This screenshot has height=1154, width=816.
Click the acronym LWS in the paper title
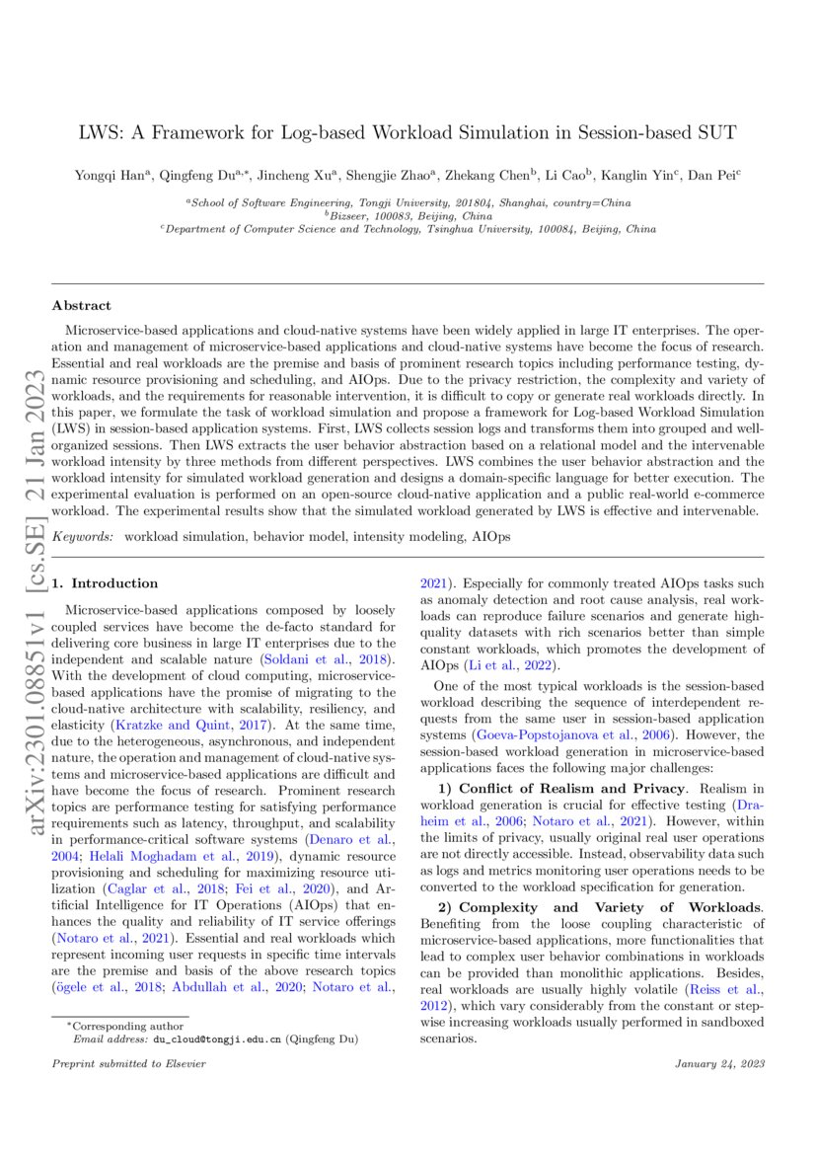pyautogui.click(x=100, y=133)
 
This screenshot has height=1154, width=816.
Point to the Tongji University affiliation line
pyautogui.click(x=408, y=202)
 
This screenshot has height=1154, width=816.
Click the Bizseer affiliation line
pyautogui.click(x=408, y=215)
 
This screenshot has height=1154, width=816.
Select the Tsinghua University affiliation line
pyautogui.click(x=408, y=229)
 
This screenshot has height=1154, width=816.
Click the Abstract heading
pyautogui.click(x=82, y=306)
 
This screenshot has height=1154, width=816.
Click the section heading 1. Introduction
pyautogui.click(x=105, y=583)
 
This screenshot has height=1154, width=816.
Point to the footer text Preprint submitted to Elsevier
pyautogui.click(x=115, y=1064)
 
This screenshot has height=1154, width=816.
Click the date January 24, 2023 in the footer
pyautogui.click(x=719, y=1064)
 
